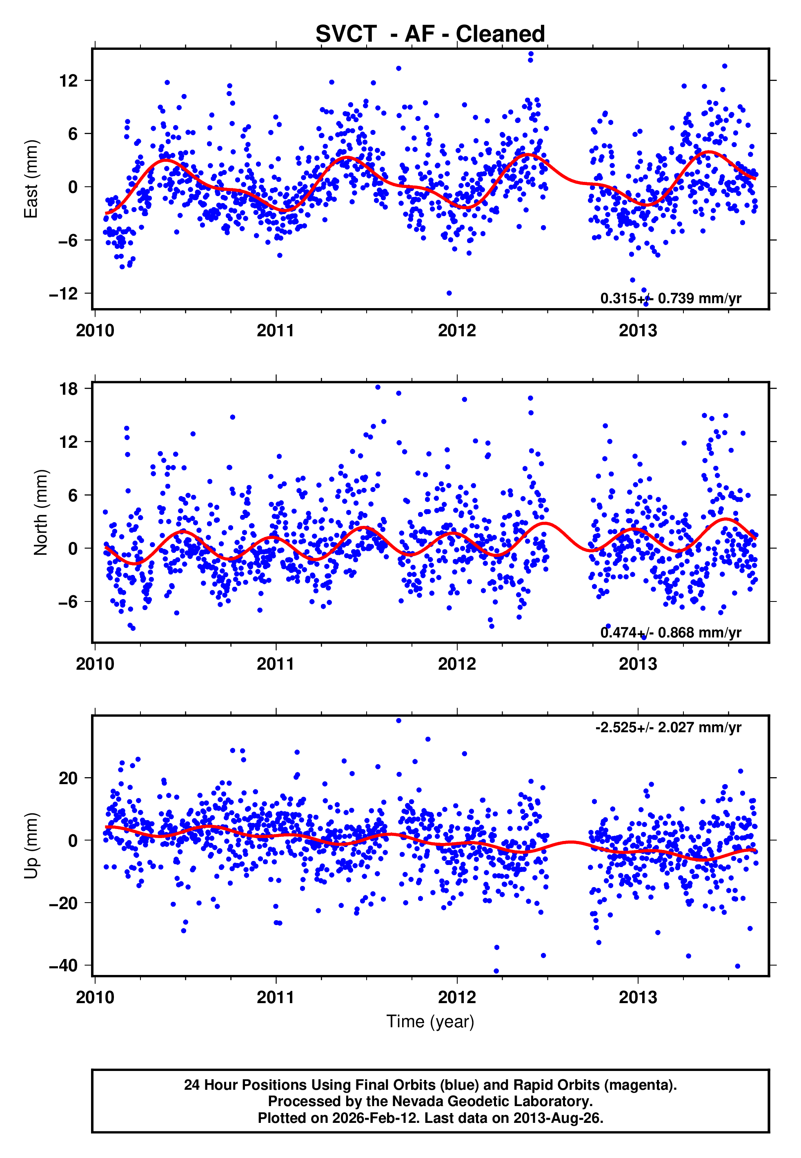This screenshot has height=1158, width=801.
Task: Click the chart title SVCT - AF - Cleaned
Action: pyautogui.click(x=430, y=34)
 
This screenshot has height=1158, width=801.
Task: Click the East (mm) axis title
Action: pyautogui.click(x=31, y=179)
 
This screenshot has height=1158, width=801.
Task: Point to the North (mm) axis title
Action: pyautogui.click(x=41, y=512)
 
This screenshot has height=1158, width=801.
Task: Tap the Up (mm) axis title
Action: pyautogui.click(x=31, y=846)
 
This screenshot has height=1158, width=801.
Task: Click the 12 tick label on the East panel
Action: pyautogui.click(x=69, y=80)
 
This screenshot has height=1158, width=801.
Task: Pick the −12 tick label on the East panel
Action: pyautogui.click(x=64, y=293)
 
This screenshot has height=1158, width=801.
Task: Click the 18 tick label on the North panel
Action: pyautogui.click(x=69, y=389)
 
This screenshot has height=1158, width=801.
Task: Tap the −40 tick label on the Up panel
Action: pyautogui.click(x=64, y=965)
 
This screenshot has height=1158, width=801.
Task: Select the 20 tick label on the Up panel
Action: pyautogui.click(x=69, y=778)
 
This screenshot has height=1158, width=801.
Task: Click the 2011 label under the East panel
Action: pyautogui.click(x=276, y=331)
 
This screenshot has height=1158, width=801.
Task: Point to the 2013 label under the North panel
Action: pyautogui.click(x=637, y=664)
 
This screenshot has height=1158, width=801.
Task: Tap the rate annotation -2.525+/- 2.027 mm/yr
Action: pyautogui.click(x=668, y=727)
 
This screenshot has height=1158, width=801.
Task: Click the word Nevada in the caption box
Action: pyautogui.click(x=420, y=1101)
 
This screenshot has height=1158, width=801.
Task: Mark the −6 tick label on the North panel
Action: pyautogui.click(x=69, y=601)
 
